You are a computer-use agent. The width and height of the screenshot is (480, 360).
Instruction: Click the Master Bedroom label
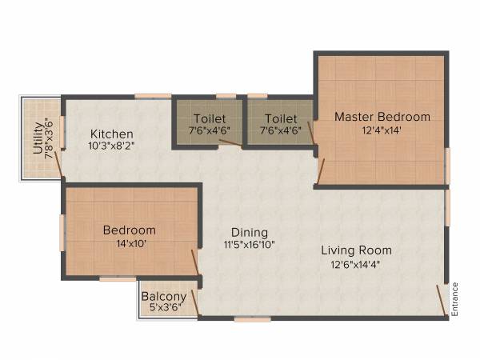pos(382,117)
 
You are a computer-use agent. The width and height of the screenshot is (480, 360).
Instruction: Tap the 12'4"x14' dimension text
pos(382,131)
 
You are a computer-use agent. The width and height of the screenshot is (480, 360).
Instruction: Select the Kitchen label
pos(111,134)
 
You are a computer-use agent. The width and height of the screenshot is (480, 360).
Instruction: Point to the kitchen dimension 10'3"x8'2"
pos(111,147)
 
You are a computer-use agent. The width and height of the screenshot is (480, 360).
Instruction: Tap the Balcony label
pos(164,297)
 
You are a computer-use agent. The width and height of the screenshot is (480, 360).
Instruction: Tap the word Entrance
pos(455,299)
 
